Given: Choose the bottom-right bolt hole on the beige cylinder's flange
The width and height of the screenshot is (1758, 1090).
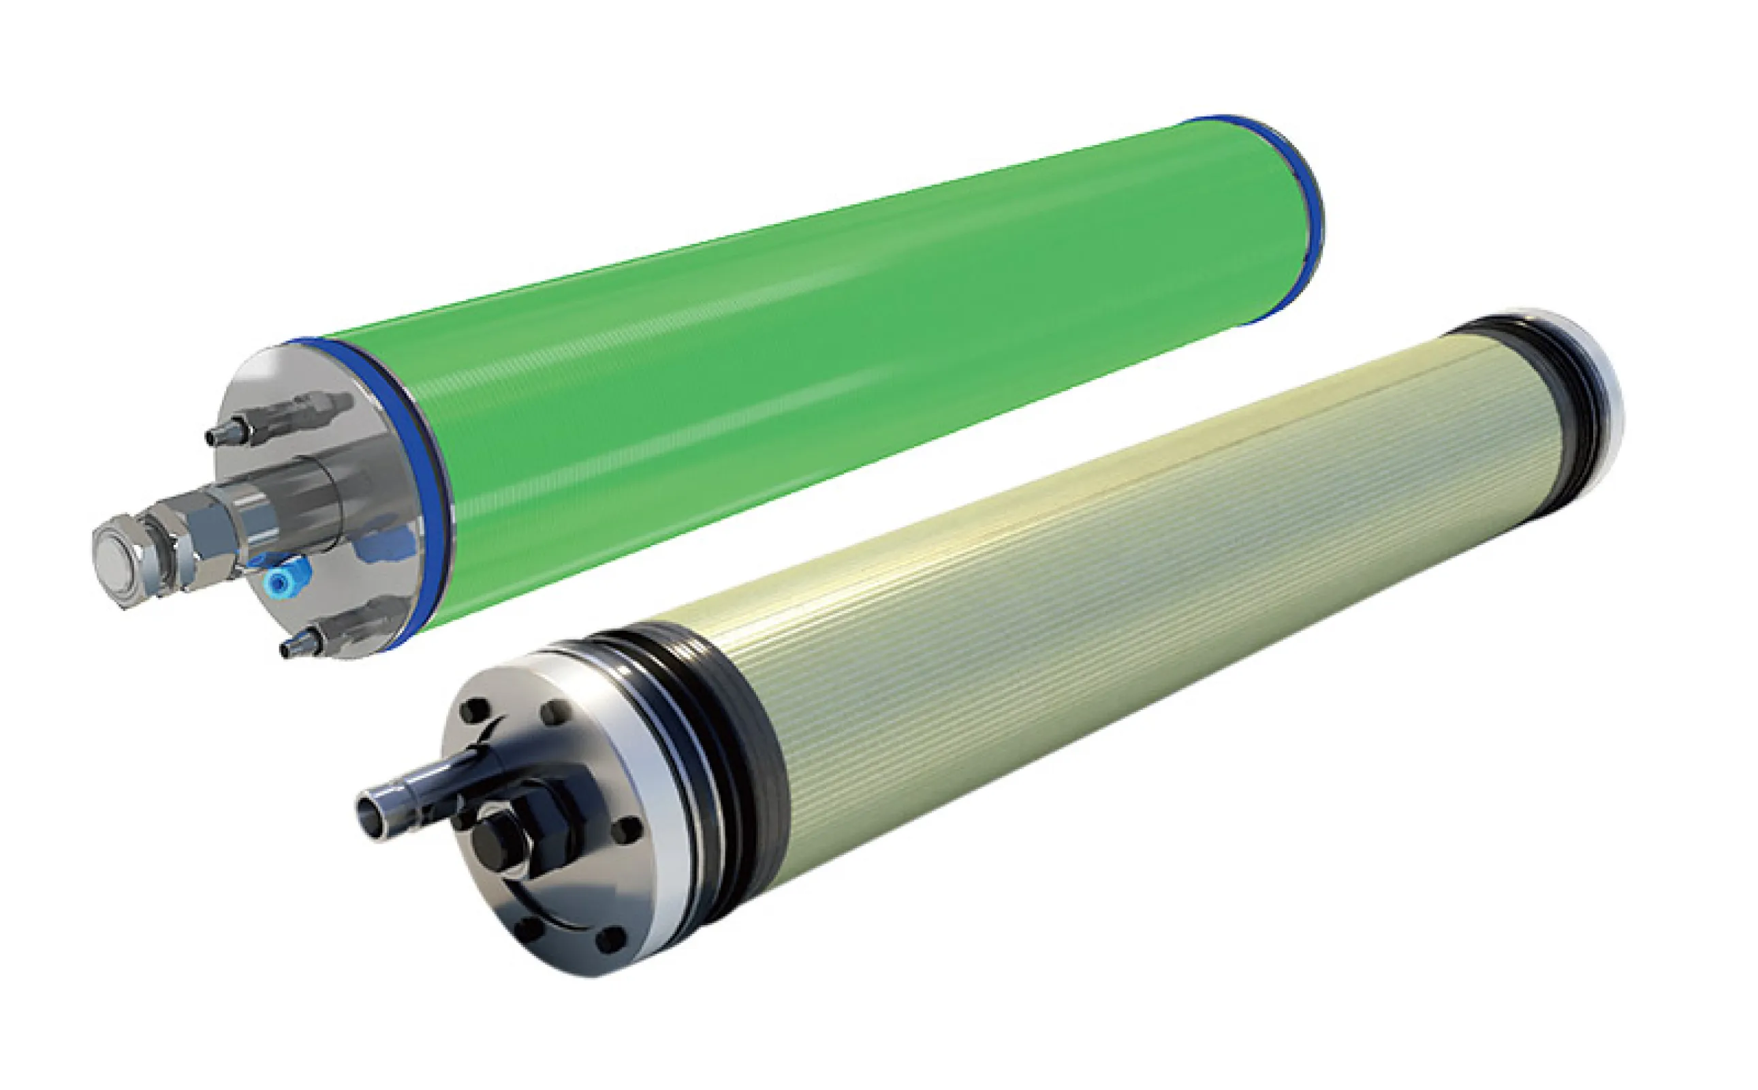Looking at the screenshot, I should tap(610, 939).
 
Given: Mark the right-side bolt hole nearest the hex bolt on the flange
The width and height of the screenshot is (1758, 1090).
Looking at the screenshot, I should tap(627, 830).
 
